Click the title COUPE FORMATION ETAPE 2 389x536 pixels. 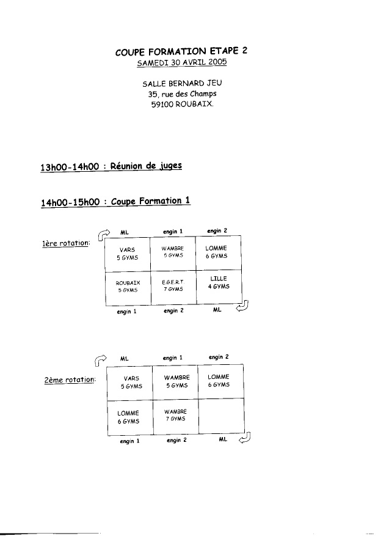[x=181, y=51]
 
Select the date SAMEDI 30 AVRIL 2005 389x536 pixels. [x=182, y=62]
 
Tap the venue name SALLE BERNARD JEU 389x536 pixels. [x=182, y=83]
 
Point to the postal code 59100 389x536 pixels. [x=162, y=105]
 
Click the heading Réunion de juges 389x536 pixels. [x=146, y=166]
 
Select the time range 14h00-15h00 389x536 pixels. [x=70, y=202]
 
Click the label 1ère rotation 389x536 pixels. [x=65, y=243]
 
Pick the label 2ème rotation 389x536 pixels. [x=70, y=380]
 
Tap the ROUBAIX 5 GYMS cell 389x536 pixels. [x=128, y=288]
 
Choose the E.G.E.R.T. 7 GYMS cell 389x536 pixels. [x=173, y=287]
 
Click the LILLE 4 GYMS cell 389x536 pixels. [x=219, y=287]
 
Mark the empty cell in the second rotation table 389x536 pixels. [x=221, y=416]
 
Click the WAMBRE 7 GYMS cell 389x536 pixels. [x=175, y=417]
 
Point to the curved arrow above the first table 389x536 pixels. [x=104, y=235]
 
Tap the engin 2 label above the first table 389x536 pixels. [x=217, y=231]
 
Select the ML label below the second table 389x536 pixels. [x=223, y=439]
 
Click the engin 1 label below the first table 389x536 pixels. [x=126, y=312]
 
